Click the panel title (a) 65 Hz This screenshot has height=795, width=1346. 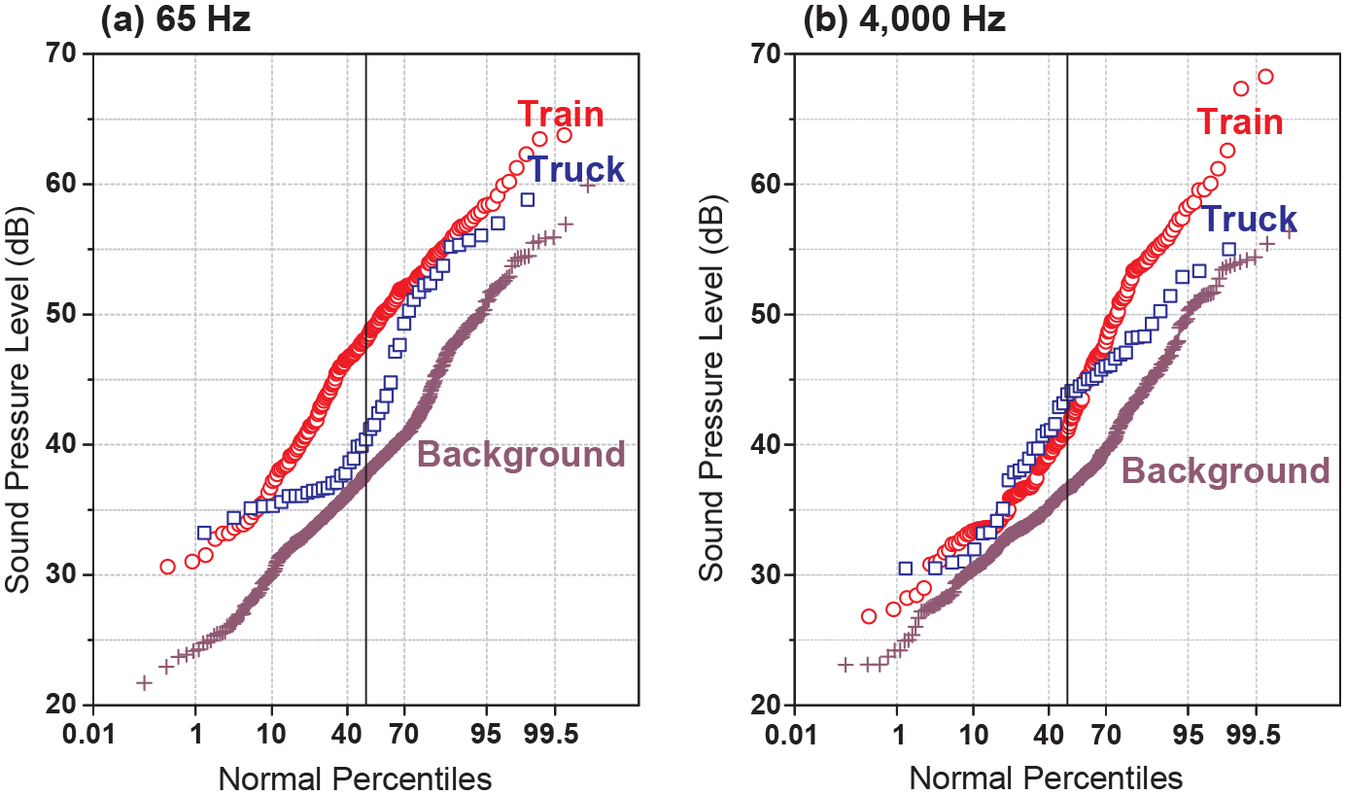coord(176,20)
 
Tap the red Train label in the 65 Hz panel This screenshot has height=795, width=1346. coord(561,115)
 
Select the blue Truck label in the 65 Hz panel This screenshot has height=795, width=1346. coord(576,169)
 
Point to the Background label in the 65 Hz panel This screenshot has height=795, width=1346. coord(521,454)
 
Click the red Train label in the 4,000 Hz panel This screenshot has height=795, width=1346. coord(1239,122)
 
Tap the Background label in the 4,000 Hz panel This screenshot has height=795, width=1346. coord(1225,471)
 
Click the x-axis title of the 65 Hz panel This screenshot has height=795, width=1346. coord(354,778)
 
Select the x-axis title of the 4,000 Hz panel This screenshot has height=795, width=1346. coord(1046,778)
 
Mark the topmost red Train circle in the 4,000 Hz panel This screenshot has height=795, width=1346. coord(1264,77)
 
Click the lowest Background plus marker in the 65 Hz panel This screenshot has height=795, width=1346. coord(144,683)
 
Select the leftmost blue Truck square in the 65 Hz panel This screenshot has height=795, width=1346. coord(204,533)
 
